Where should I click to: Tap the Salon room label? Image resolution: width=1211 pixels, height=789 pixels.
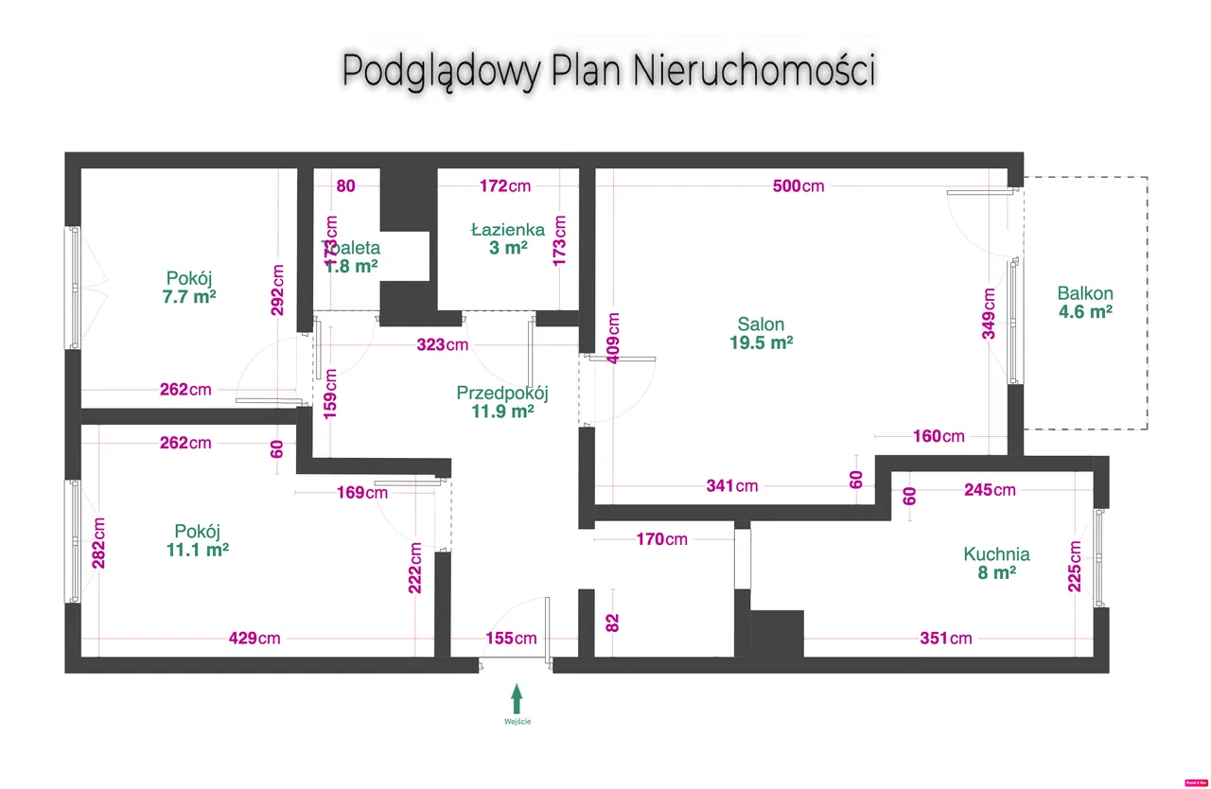point(761,324)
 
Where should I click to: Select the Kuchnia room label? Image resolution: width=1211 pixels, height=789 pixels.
point(996,554)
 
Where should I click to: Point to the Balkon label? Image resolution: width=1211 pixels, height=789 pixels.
point(1085,293)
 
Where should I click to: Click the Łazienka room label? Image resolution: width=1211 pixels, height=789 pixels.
point(508,230)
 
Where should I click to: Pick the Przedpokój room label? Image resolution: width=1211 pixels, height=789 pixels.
point(502,393)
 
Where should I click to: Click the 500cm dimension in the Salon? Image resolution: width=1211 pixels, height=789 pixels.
point(799,185)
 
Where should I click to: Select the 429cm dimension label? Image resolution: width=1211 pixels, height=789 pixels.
point(255,639)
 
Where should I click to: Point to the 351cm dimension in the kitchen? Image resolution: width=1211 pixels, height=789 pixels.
point(947,639)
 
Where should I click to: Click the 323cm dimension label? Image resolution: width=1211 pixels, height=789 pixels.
point(443,344)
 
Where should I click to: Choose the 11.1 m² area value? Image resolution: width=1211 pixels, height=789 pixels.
point(197,549)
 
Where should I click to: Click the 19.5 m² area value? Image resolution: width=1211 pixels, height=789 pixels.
point(761,343)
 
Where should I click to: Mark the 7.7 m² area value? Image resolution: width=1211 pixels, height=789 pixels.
point(189,296)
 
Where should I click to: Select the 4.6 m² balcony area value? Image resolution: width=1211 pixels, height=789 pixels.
point(1085,312)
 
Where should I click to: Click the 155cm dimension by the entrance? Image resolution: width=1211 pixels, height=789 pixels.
point(512,639)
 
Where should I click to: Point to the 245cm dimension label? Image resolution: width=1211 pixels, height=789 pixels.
point(990,489)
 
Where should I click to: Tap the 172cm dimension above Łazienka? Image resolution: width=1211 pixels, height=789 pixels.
point(505,185)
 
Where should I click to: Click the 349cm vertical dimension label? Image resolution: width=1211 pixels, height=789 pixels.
point(990,313)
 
